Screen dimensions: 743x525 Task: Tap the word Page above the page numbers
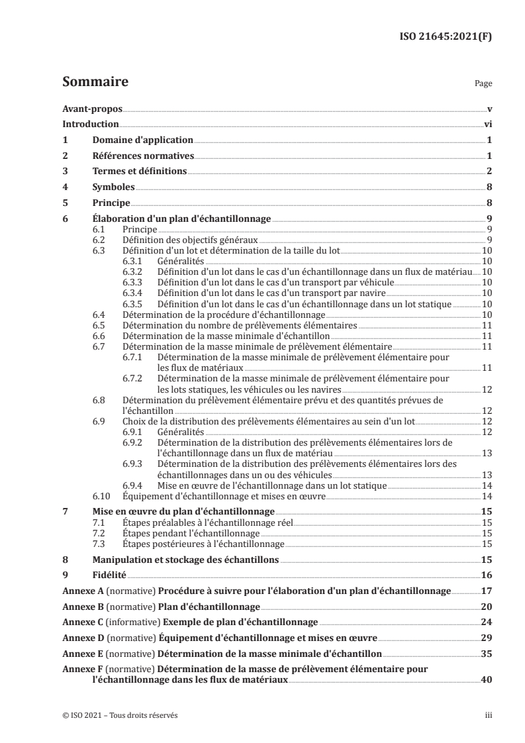click(x=483, y=85)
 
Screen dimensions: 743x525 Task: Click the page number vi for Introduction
click(x=487, y=124)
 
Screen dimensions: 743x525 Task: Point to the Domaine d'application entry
click(x=142, y=140)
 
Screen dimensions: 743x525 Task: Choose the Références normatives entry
click(x=142, y=156)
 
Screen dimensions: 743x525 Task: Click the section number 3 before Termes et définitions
click(x=65, y=172)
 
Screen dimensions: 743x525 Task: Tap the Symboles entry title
click(x=114, y=187)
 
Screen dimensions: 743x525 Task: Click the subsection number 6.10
click(x=102, y=496)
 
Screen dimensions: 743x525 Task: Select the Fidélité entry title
click(x=110, y=575)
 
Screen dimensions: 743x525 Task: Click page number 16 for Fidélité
click(x=487, y=575)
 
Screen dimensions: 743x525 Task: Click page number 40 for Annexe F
click(x=487, y=679)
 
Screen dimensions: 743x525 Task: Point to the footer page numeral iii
click(x=489, y=716)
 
